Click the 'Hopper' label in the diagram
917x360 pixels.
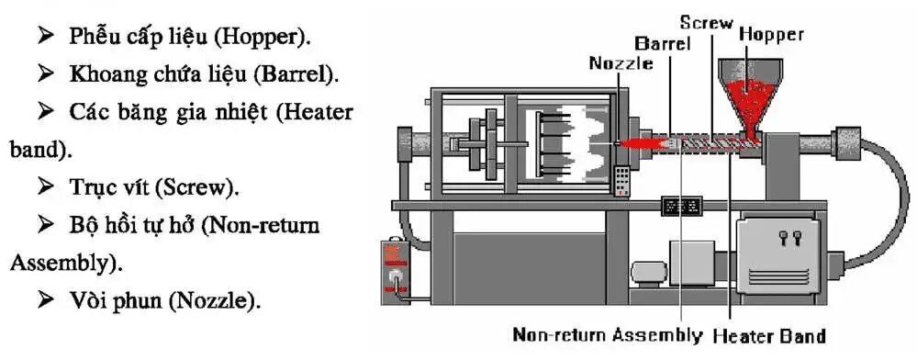tap(771, 35)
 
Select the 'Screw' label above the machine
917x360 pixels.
tap(707, 23)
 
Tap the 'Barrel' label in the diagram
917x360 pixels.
tap(663, 43)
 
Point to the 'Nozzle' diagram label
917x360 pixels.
tap(621, 63)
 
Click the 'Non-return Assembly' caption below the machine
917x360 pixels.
tap(607, 335)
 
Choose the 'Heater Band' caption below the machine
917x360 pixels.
tap(769, 336)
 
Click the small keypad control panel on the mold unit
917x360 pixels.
tap(621, 181)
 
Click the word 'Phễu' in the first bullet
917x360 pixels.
tap(87, 37)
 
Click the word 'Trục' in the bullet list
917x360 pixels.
tap(88, 187)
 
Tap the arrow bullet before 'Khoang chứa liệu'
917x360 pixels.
tap(46, 73)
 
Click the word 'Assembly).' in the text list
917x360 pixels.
tap(67, 264)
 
